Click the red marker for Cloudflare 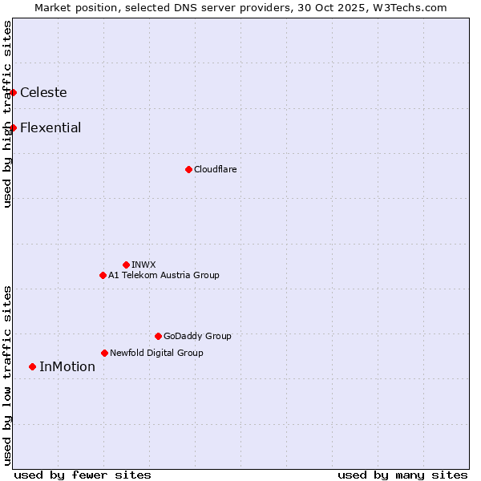click(188, 169)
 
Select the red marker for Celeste click(13, 92)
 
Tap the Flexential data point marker click(13, 127)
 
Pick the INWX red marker click(126, 265)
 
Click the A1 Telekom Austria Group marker click(103, 275)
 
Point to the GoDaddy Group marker click(158, 336)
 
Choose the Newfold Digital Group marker click(104, 353)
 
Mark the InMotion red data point click(32, 366)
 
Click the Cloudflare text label click(215, 169)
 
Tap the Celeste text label click(43, 92)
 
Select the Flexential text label click(51, 127)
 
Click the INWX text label click(143, 265)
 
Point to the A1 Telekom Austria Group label click(164, 275)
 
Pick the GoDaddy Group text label click(197, 336)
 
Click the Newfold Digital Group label click(156, 353)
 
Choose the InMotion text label click(67, 366)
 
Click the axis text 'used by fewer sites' click(83, 475)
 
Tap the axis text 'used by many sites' click(402, 475)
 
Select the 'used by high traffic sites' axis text click(7, 114)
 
